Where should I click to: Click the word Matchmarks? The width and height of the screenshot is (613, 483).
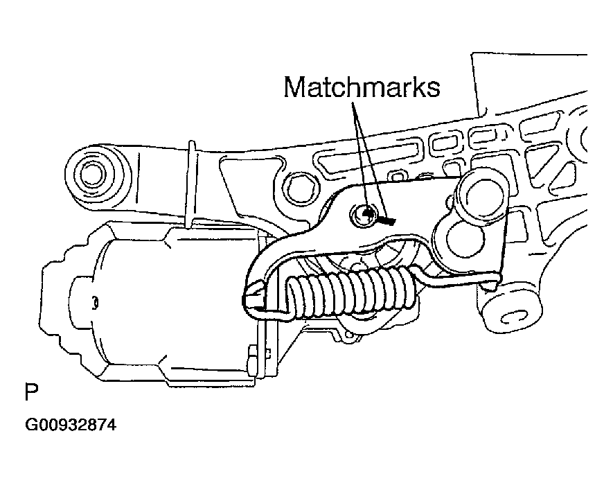362,87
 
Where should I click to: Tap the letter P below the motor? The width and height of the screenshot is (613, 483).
31,392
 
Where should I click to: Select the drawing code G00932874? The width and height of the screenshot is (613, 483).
71,425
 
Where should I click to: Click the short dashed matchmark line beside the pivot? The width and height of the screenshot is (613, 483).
387,220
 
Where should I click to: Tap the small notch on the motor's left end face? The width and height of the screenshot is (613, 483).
95,304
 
